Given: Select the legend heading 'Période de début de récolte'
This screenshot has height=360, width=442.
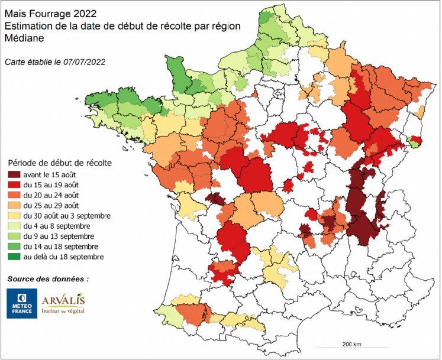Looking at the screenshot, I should (60, 161).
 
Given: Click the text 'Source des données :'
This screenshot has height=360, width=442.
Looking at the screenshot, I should (48, 278).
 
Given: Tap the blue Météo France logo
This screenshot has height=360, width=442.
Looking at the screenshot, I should (21, 303).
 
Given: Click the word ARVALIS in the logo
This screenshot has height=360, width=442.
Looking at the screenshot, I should (63, 300).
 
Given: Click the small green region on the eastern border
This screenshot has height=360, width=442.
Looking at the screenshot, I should (415, 141).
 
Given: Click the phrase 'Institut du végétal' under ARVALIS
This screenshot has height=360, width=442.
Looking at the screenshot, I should (63, 310).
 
